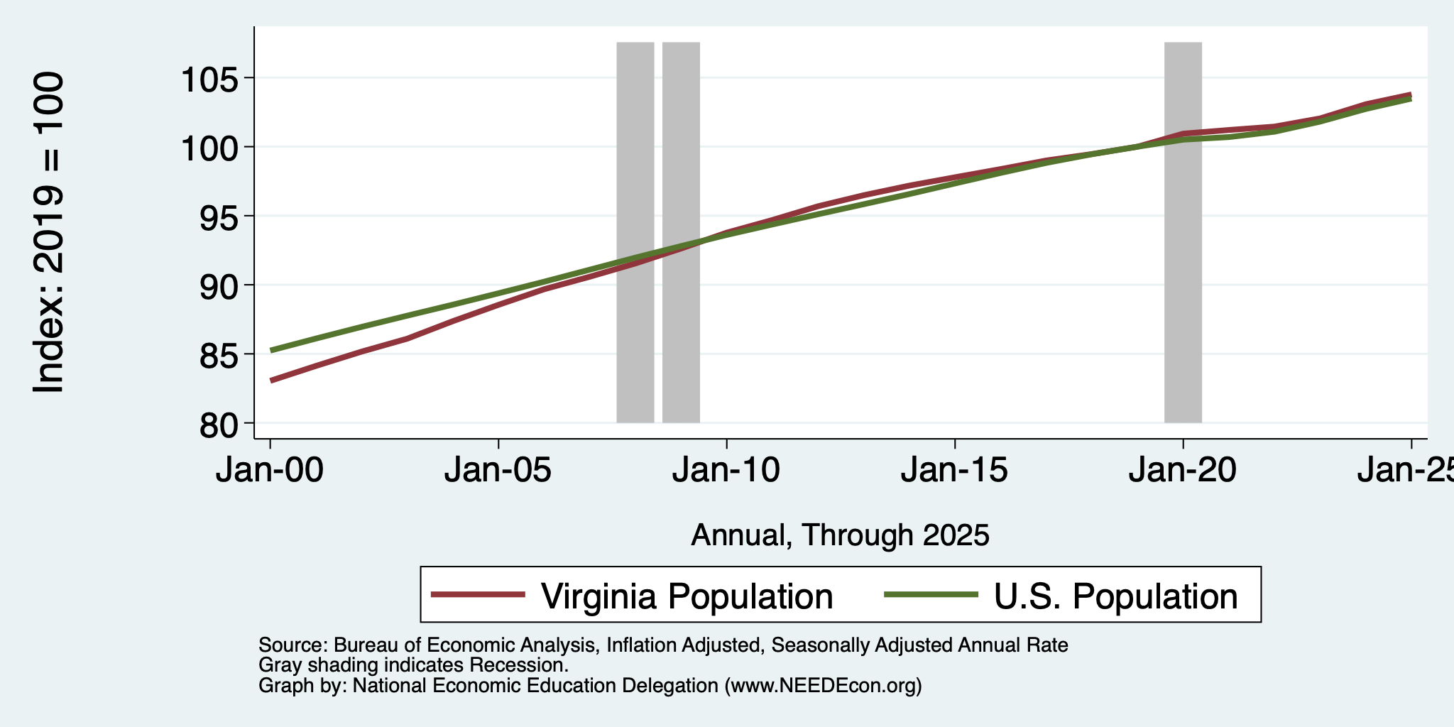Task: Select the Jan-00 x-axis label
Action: pos(270,470)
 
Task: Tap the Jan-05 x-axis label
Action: pos(498,470)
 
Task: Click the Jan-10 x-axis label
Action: pos(726,470)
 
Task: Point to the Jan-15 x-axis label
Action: pos(955,470)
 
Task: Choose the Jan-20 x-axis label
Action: pos(1183,470)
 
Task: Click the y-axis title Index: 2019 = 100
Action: pos(49,232)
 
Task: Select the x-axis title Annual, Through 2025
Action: pos(840,535)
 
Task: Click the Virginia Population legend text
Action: pos(687,596)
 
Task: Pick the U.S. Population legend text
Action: pos(1115,596)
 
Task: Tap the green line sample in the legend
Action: pos(931,595)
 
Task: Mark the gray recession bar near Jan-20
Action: pos(1183,232)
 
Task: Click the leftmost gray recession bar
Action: pos(635,232)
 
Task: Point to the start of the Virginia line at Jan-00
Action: pos(271,381)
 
